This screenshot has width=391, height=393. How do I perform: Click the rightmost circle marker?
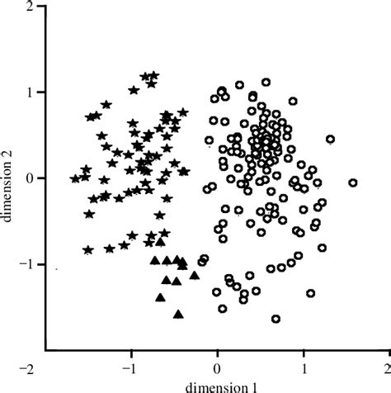tap(353, 182)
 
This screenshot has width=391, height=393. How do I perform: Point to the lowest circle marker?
tap(276, 319)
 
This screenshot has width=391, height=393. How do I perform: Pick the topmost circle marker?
tap(266, 83)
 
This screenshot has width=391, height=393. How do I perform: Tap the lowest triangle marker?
tap(178, 314)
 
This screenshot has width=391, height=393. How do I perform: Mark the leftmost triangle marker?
tap(154, 261)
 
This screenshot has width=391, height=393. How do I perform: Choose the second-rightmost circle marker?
tap(330, 139)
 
